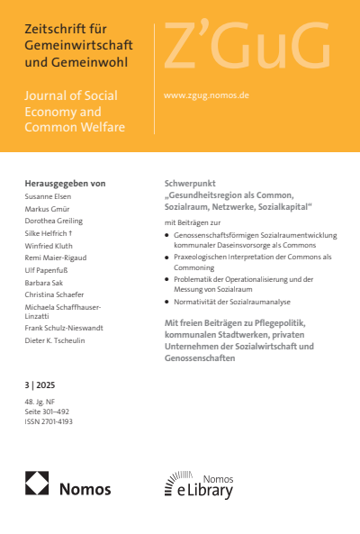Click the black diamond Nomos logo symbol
pos(38,486)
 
